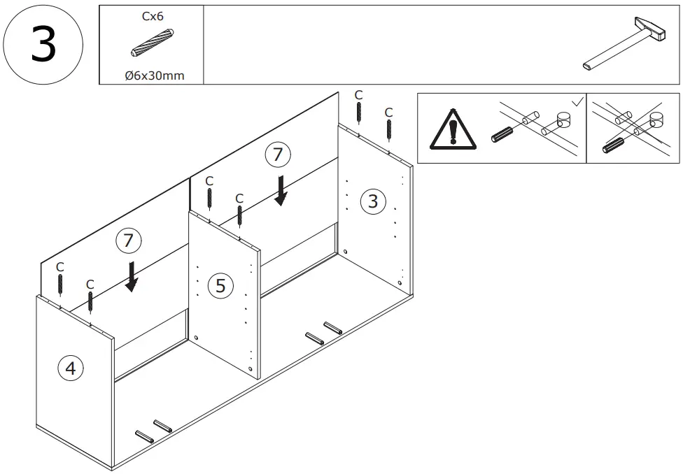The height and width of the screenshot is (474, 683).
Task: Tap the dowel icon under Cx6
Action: (x=152, y=43)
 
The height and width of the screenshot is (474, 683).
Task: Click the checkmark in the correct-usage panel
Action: (x=577, y=102)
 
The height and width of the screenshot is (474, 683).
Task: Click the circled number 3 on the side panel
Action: (x=372, y=202)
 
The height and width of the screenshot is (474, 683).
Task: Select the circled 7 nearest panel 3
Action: (x=279, y=155)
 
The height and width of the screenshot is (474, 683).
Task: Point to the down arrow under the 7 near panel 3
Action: (x=281, y=190)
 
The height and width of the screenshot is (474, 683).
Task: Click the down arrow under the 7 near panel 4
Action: (x=131, y=276)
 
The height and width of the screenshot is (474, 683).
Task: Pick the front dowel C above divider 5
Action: (x=240, y=215)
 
